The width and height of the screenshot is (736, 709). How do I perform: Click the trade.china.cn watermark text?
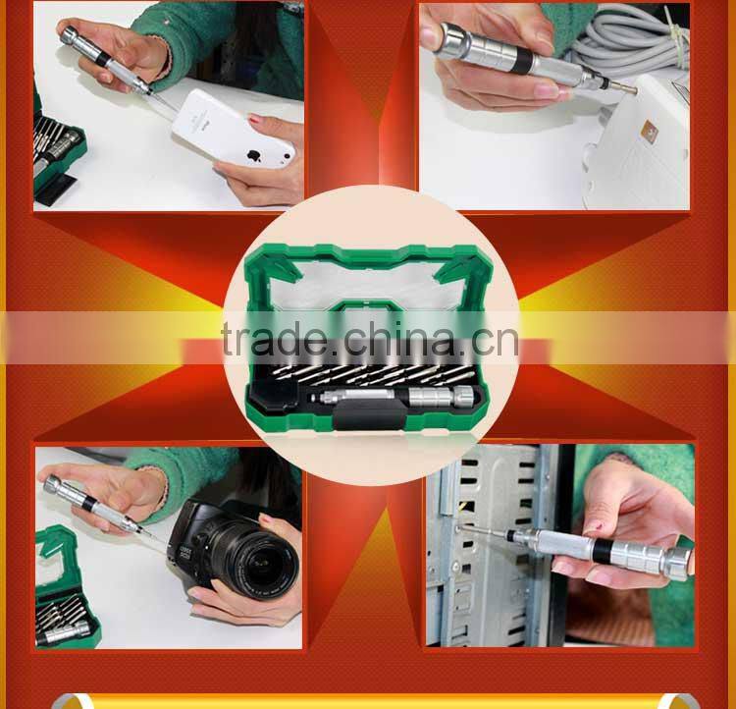pyautogui.click(x=369, y=340)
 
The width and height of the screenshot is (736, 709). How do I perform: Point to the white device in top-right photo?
pyautogui.click(x=638, y=147)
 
